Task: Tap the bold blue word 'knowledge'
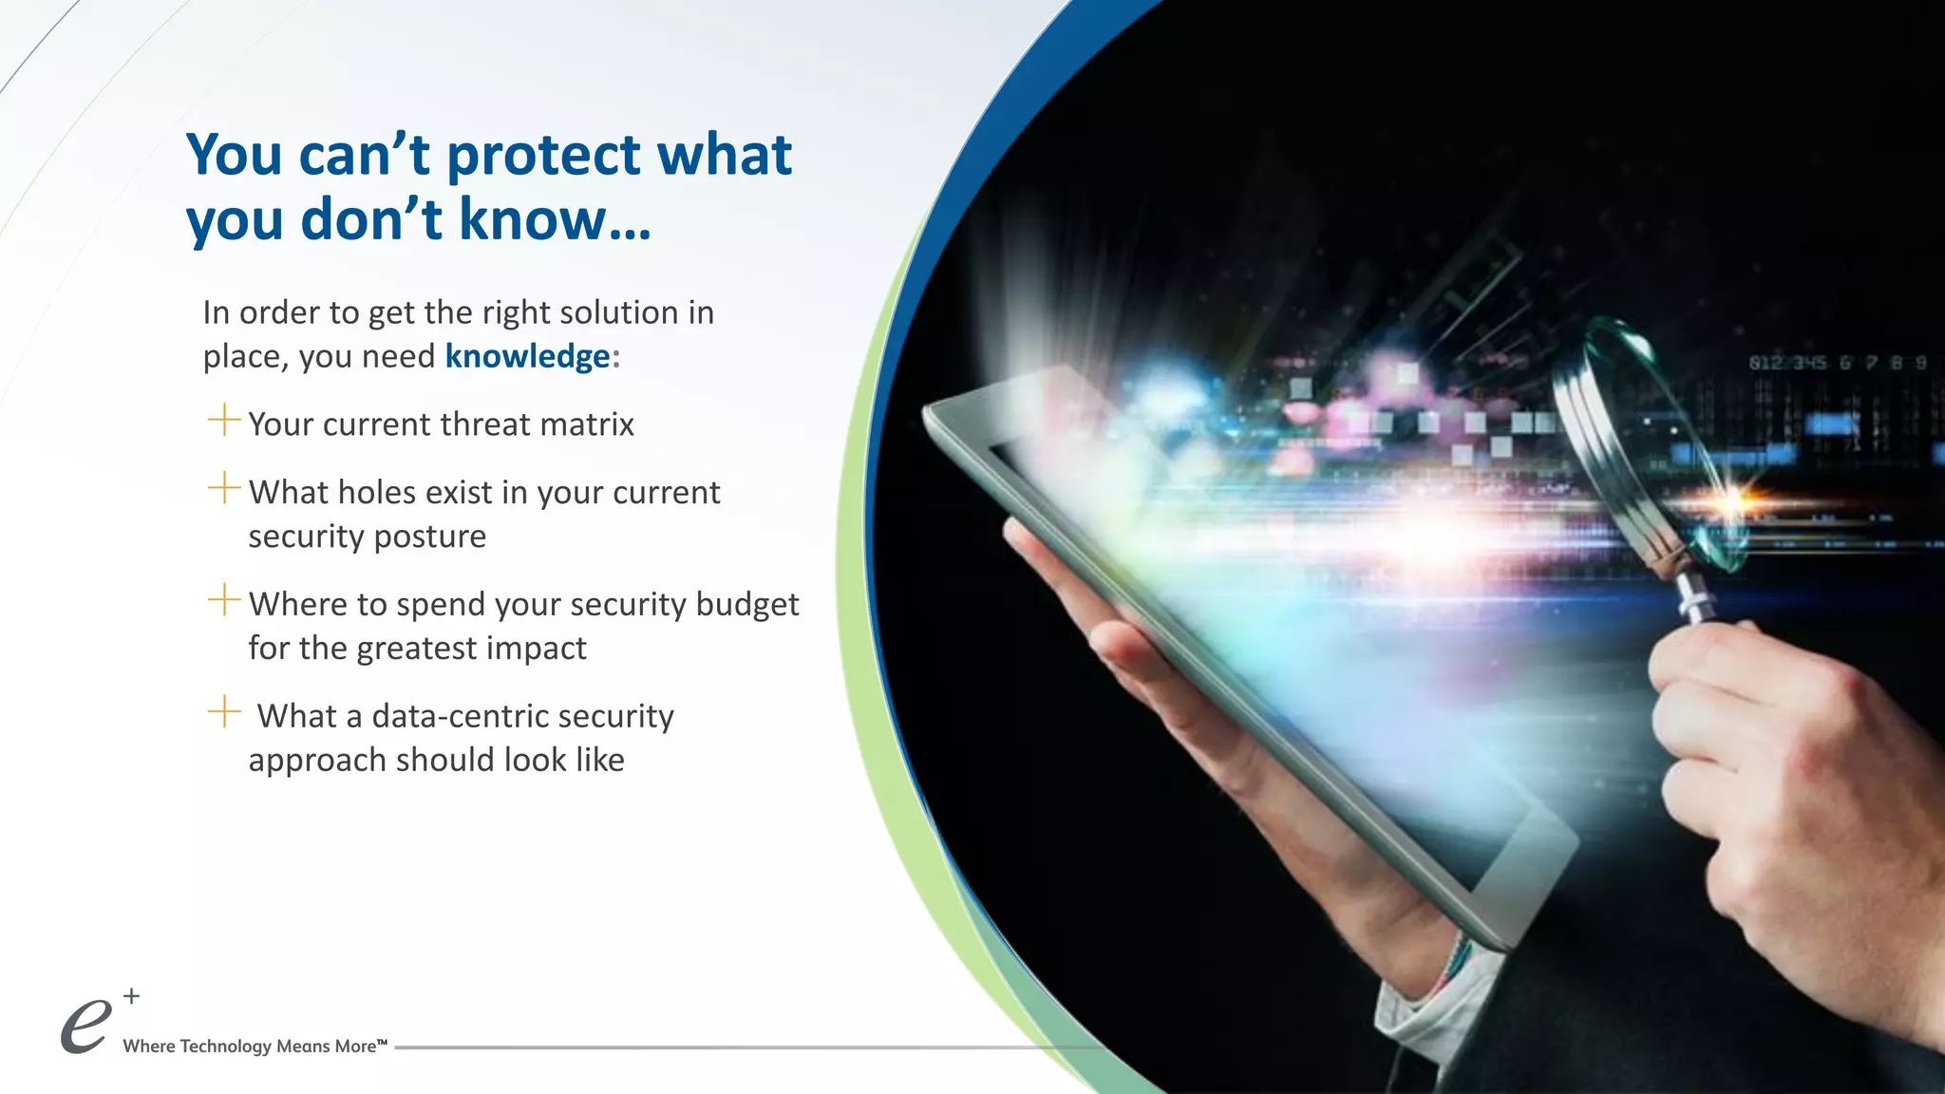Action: coord(527,357)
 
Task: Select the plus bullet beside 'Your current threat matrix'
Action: coord(224,420)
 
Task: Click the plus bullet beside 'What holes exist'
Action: coord(224,488)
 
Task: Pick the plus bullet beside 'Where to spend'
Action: coord(224,599)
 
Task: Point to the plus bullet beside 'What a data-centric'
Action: coord(224,711)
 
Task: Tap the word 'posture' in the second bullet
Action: coord(429,538)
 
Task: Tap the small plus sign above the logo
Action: coord(132,996)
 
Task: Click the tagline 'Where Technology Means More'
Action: coord(255,1047)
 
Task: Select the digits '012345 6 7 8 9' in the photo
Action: coord(1837,363)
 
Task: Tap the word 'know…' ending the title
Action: coord(555,220)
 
